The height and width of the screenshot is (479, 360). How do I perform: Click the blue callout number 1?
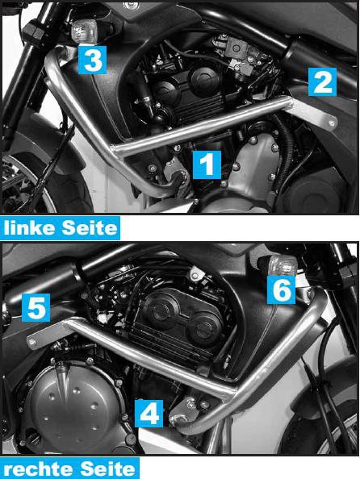coord(206,165)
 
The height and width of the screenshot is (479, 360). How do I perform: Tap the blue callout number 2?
coord(321,81)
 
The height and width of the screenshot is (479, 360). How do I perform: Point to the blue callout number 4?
coord(150,414)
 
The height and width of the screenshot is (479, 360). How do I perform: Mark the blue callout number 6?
coord(279,290)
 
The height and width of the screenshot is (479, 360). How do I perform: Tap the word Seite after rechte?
coord(108,469)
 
